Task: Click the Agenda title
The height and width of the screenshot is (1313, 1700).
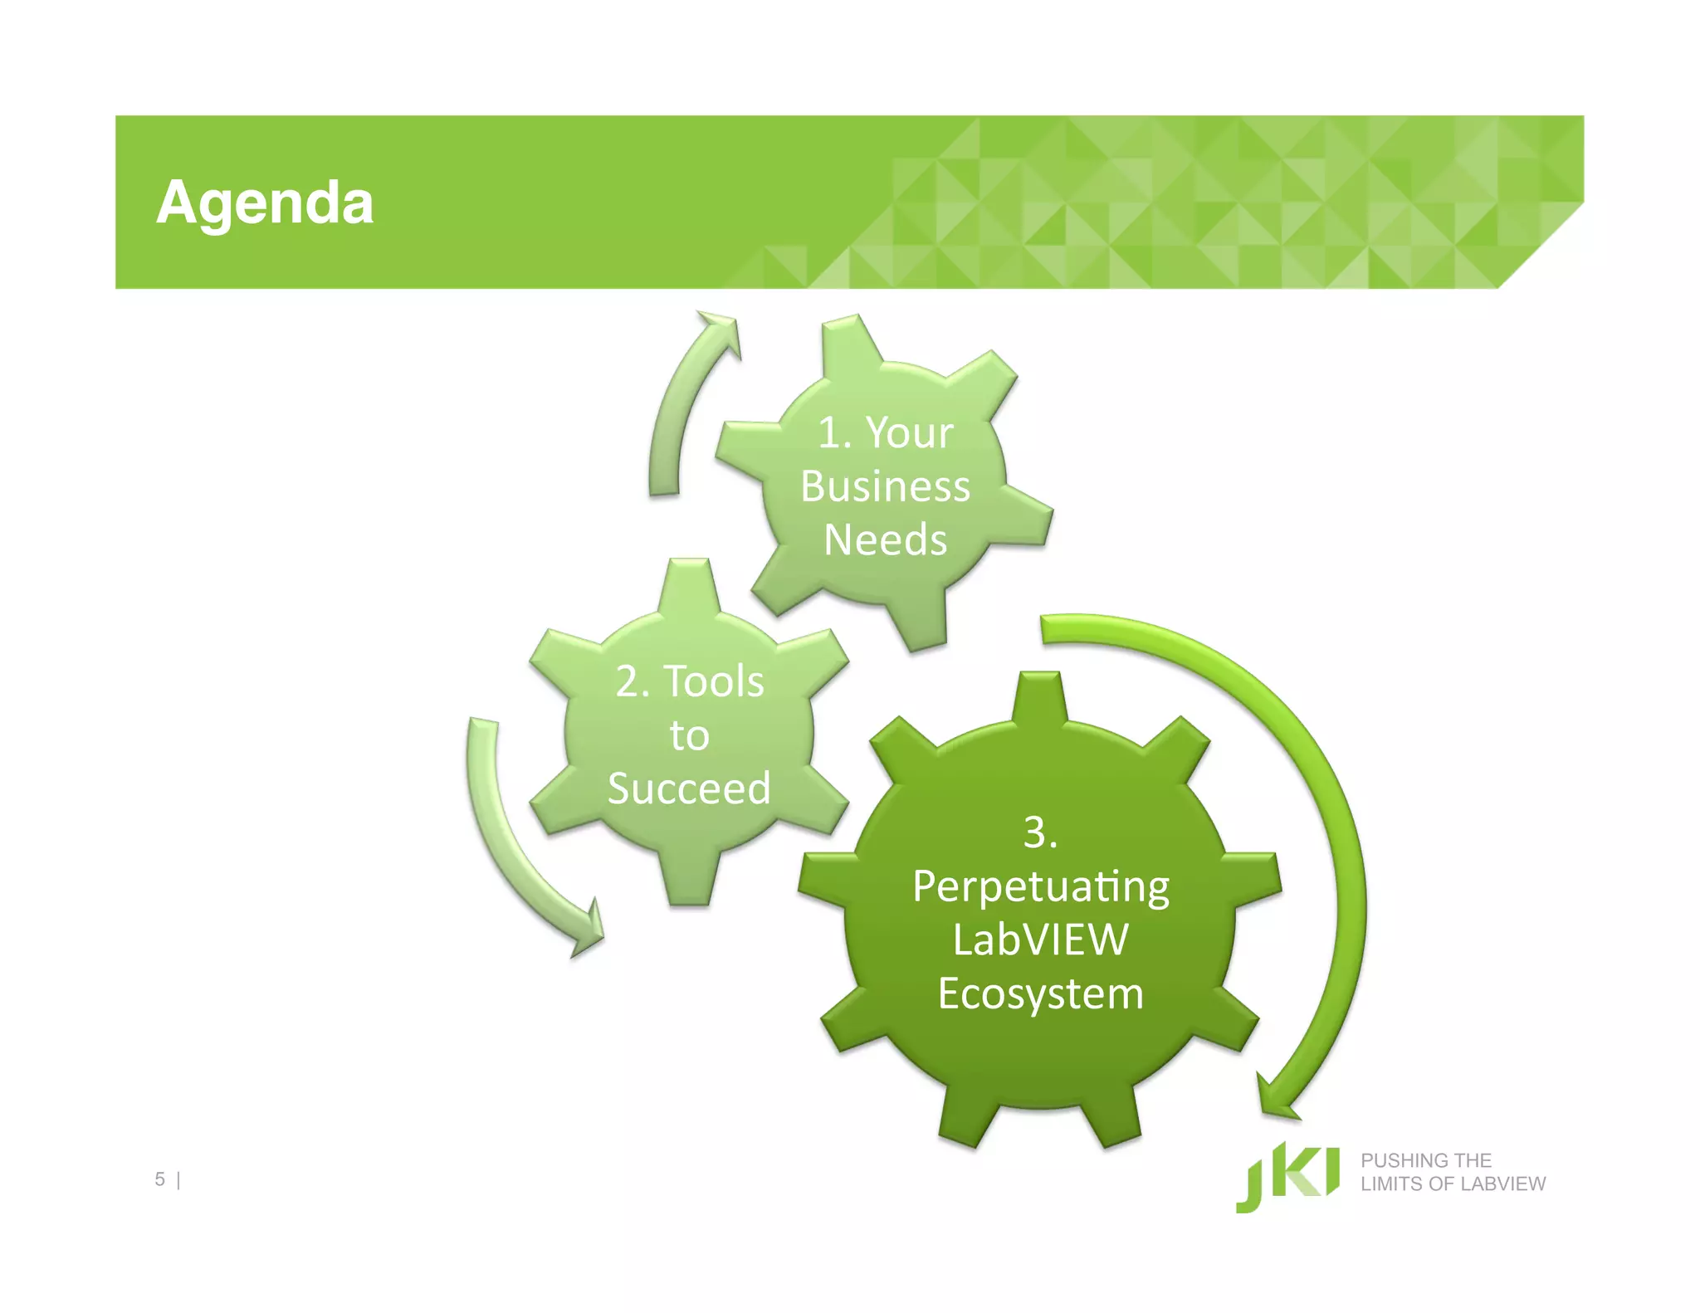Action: (265, 203)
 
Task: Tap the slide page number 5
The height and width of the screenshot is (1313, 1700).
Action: (159, 1179)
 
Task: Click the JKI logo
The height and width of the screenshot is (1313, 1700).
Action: (1287, 1177)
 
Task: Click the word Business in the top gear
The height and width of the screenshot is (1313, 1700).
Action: (885, 486)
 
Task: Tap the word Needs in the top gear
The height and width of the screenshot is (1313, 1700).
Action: (885, 540)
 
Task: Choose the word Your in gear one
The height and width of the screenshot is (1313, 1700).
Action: (910, 433)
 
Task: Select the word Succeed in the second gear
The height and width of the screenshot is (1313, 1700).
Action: (689, 788)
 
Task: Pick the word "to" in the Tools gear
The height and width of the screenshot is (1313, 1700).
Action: (689, 735)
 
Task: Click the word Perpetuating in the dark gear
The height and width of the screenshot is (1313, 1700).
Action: (1041, 887)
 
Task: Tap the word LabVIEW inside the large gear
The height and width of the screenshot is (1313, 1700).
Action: (1041, 940)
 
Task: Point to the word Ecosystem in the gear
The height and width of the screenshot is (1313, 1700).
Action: (1041, 993)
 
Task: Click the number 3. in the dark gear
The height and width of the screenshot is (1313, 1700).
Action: (1040, 832)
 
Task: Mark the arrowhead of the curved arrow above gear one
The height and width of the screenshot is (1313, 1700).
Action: (721, 329)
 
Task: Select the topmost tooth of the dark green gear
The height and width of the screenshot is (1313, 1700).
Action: (1040, 697)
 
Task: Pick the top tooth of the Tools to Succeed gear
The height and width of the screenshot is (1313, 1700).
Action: (688, 584)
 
